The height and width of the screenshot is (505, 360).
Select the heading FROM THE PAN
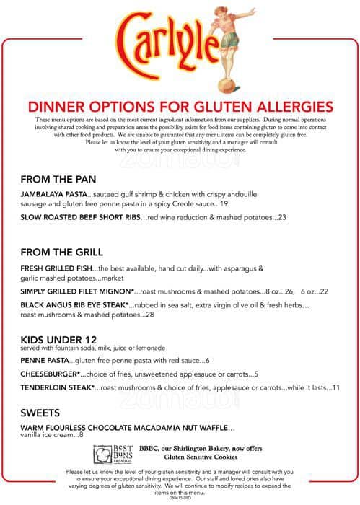[x=59, y=179]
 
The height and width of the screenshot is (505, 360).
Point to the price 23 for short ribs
[x=281, y=216]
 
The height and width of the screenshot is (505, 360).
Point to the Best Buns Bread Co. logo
[x=108, y=455]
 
